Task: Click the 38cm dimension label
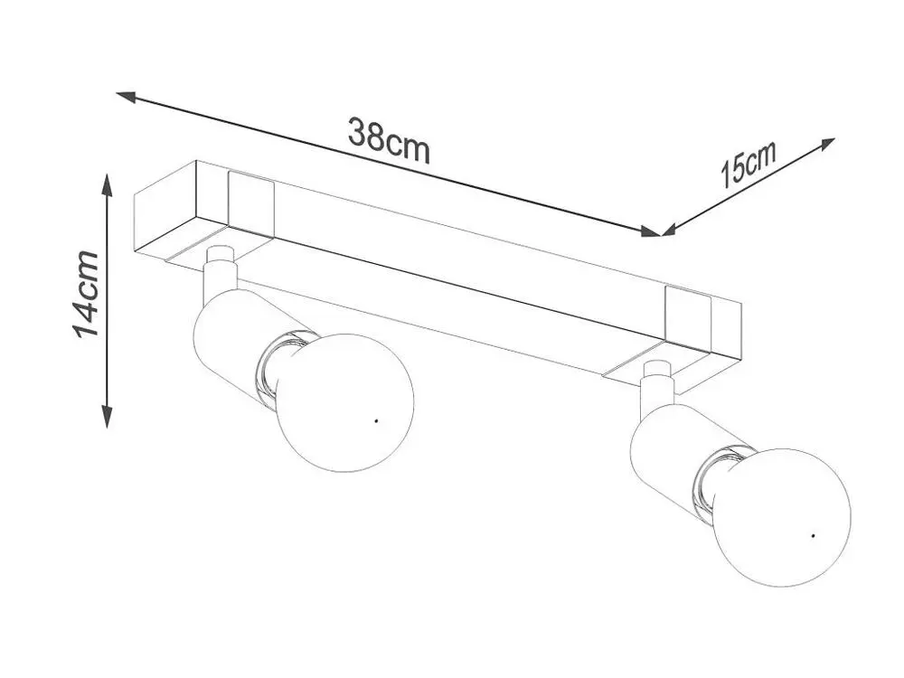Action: (389, 141)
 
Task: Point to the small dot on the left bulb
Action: (376, 421)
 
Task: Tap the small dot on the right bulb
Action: (813, 536)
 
